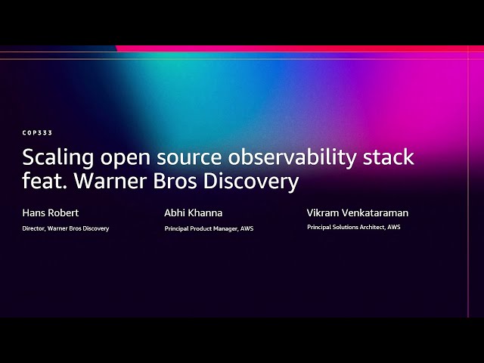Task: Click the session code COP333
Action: [x=37, y=132]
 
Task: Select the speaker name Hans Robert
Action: [x=51, y=213]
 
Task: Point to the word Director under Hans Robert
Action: [x=34, y=228]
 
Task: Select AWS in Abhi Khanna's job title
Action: [x=247, y=228]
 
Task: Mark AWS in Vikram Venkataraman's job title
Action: [x=393, y=227]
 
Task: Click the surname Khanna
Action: [x=207, y=213]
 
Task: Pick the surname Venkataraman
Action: [x=372, y=213]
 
